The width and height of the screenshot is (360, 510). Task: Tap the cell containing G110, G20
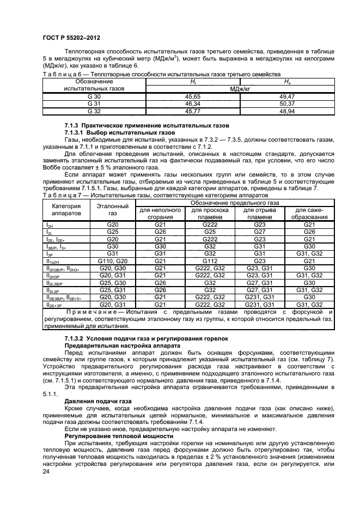point(112,261)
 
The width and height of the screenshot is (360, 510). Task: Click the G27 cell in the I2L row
point(260,232)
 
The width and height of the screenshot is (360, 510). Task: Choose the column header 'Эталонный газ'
point(112,210)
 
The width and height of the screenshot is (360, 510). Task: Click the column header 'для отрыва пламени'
point(260,214)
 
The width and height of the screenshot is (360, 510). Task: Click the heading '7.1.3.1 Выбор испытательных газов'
point(119,132)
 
